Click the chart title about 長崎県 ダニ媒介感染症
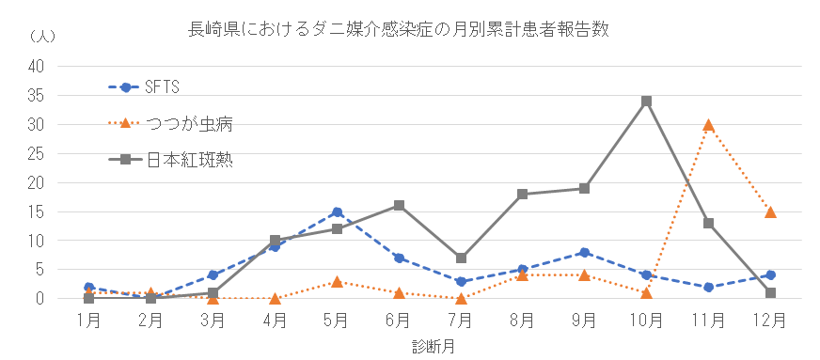pos(400,29)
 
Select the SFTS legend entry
pos(161,87)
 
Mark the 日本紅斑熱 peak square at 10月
pos(646,101)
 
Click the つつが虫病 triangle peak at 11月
pos(708,124)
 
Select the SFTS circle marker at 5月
pos(337,211)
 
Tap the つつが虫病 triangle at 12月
pos(770,211)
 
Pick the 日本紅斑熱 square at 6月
pos(399,205)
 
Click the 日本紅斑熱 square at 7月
pos(461,258)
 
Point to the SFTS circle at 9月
pos(584,252)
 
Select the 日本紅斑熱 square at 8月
pos(523,194)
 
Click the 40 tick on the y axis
pos(37,66)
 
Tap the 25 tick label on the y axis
pos(37,153)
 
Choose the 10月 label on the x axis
pos(646,319)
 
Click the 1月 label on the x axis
pos(88,319)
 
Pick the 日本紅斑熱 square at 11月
pos(708,223)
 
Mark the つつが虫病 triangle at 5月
pos(337,281)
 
